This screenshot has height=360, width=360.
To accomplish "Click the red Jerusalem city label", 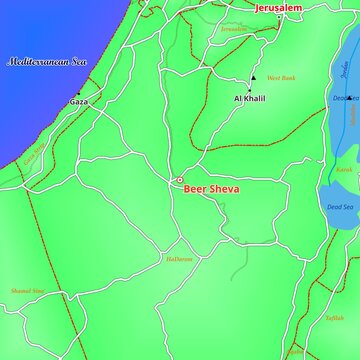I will [278, 8].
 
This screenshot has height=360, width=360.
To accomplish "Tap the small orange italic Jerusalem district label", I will [234, 29].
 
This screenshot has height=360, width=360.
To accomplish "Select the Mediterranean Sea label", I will [49, 62].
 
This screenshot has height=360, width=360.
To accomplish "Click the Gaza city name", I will [79, 103].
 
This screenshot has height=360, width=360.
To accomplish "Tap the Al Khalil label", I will [249, 99].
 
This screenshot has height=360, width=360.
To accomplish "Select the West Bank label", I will [281, 78].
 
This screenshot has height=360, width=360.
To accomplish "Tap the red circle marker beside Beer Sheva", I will [180, 181].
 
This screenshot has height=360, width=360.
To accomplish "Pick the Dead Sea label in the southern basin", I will [340, 207].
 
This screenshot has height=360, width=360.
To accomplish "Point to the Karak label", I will [344, 170].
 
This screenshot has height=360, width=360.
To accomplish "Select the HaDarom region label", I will [178, 259].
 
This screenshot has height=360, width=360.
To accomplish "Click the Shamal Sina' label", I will [28, 291].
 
